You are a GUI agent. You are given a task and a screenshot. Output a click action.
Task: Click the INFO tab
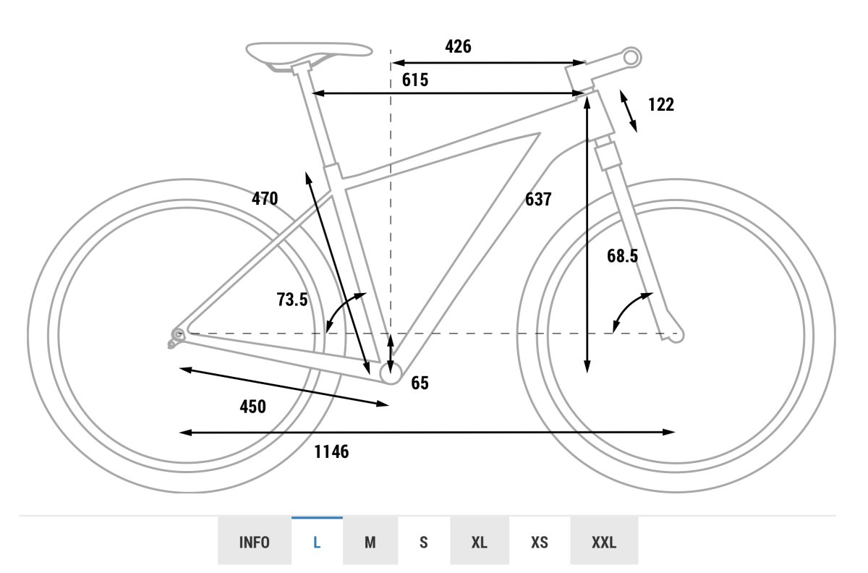(x=254, y=542)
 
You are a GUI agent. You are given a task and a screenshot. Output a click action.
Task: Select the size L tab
(x=317, y=542)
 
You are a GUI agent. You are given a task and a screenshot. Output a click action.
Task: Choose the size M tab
(x=370, y=542)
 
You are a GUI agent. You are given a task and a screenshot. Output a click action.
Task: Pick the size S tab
(x=424, y=542)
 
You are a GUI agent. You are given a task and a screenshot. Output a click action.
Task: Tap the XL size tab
(x=480, y=542)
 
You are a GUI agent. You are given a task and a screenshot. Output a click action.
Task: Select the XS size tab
(x=540, y=542)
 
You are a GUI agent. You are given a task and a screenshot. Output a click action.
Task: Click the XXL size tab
(x=604, y=542)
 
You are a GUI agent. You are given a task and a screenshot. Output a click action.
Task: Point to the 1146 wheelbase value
(x=331, y=451)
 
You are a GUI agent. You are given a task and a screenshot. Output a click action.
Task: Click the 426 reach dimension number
(x=458, y=46)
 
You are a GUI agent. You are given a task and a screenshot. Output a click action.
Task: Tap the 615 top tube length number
(x=415, y=80)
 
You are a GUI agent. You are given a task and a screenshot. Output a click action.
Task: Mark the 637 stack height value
(x=538, y=199)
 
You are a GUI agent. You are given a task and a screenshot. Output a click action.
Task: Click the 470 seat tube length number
(x=265, y=198)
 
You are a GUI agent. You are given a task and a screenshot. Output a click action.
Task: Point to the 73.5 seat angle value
(x=292, y=300)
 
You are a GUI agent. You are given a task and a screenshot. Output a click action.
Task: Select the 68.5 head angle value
(x=622, y=256)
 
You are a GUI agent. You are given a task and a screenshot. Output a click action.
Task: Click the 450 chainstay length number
(x=252, y=407)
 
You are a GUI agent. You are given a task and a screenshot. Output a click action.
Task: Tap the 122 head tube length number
(x=661, y=105)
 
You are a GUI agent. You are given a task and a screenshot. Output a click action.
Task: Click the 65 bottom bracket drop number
(x=420, y=383)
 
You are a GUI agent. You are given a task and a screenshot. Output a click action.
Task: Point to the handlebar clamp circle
(x=631, y=58)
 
